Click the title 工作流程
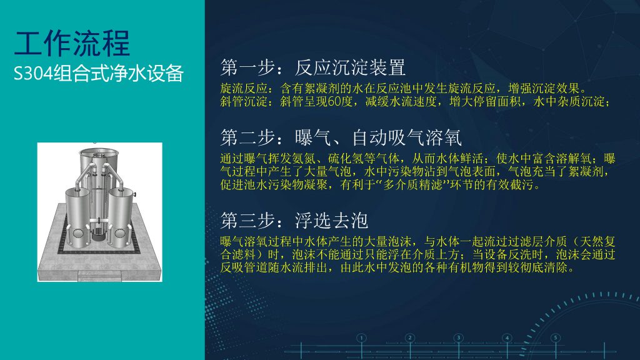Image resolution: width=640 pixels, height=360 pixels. pos(72,43)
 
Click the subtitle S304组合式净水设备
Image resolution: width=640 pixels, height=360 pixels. pos(98,74)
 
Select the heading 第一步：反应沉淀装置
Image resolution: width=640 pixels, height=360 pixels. pos(312,67)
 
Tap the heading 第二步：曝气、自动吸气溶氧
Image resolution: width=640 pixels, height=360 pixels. pos(341,137)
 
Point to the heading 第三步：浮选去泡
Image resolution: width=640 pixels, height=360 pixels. pos(294,221)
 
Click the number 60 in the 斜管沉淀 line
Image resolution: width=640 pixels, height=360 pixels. pos(334,102)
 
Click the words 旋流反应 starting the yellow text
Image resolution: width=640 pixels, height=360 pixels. pos(244,89)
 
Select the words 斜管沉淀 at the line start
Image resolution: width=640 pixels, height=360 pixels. pos(244,102)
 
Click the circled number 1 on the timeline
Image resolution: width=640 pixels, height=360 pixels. pos(361,338)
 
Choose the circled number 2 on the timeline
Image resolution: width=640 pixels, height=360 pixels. pos(410,338)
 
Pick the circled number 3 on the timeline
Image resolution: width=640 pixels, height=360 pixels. pos(458,338)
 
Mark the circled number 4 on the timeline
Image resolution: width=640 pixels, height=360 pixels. pos(507,338)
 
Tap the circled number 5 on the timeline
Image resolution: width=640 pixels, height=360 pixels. pos(556,338)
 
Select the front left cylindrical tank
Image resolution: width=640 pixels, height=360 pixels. pos(77,217)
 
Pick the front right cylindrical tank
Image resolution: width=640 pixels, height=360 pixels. pos(121,217)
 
